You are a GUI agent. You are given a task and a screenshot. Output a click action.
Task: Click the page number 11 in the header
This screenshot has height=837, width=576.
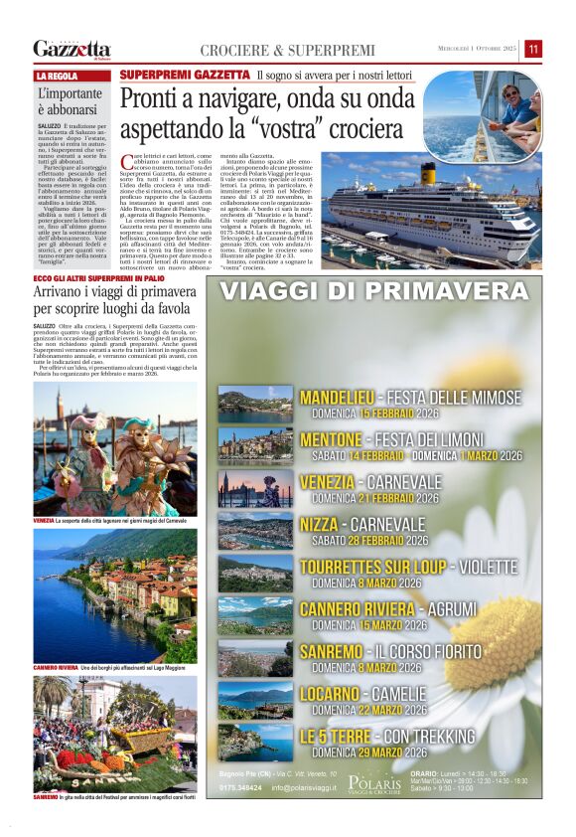[x=533, y=50]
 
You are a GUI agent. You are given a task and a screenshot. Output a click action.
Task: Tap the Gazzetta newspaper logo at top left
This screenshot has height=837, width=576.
[x=72, y=49]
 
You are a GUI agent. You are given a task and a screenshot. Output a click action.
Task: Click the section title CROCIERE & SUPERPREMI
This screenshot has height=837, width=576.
[x=288, y=51]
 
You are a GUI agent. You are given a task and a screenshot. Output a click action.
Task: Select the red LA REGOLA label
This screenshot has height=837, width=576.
[x=58, y=77]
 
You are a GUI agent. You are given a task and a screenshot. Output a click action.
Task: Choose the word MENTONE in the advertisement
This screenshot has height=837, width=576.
[x=331, y=439]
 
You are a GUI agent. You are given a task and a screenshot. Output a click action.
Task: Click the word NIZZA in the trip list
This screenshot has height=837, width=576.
[x=325, y=524]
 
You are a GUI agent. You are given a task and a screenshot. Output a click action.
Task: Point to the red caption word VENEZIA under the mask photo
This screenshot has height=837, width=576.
[x=44, y=521]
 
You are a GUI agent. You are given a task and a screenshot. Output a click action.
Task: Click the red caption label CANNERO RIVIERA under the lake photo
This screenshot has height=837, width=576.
[x=56, y=666]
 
